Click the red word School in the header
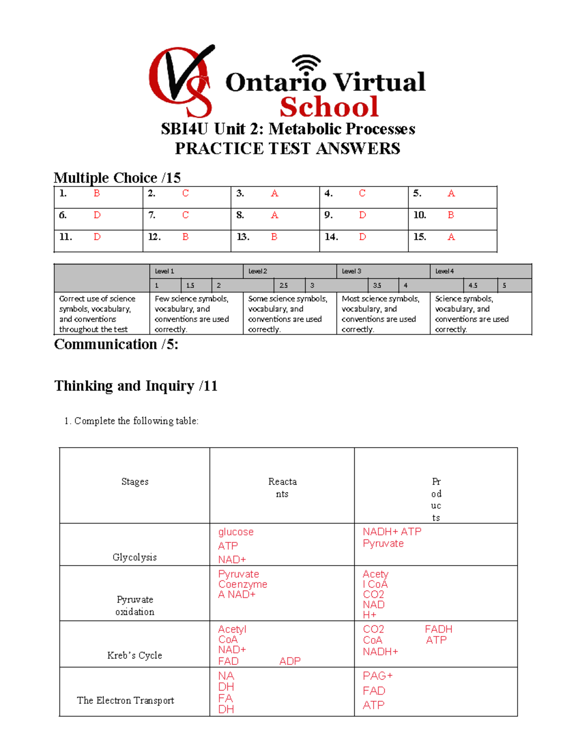coord(329,107)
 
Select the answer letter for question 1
coord(97,194)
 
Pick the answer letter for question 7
coord(185,215)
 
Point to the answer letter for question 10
coord(450,215)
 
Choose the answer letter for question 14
coord(362,237)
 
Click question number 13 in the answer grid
coord(243,237)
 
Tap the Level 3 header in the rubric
coord(351,271)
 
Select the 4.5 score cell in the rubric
coord(473,285)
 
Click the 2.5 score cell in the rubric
coord(284,285)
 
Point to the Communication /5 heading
coord(116,344)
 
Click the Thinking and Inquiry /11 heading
coord(136,386)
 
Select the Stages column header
coord(135,481)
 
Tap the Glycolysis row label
coord(134,557)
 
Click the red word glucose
coord(236,532)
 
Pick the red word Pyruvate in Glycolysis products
coord(383,544)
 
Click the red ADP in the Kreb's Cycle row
coord(290,661)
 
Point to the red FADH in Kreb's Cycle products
coord(438,629)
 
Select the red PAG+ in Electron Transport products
coord(378,676)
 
